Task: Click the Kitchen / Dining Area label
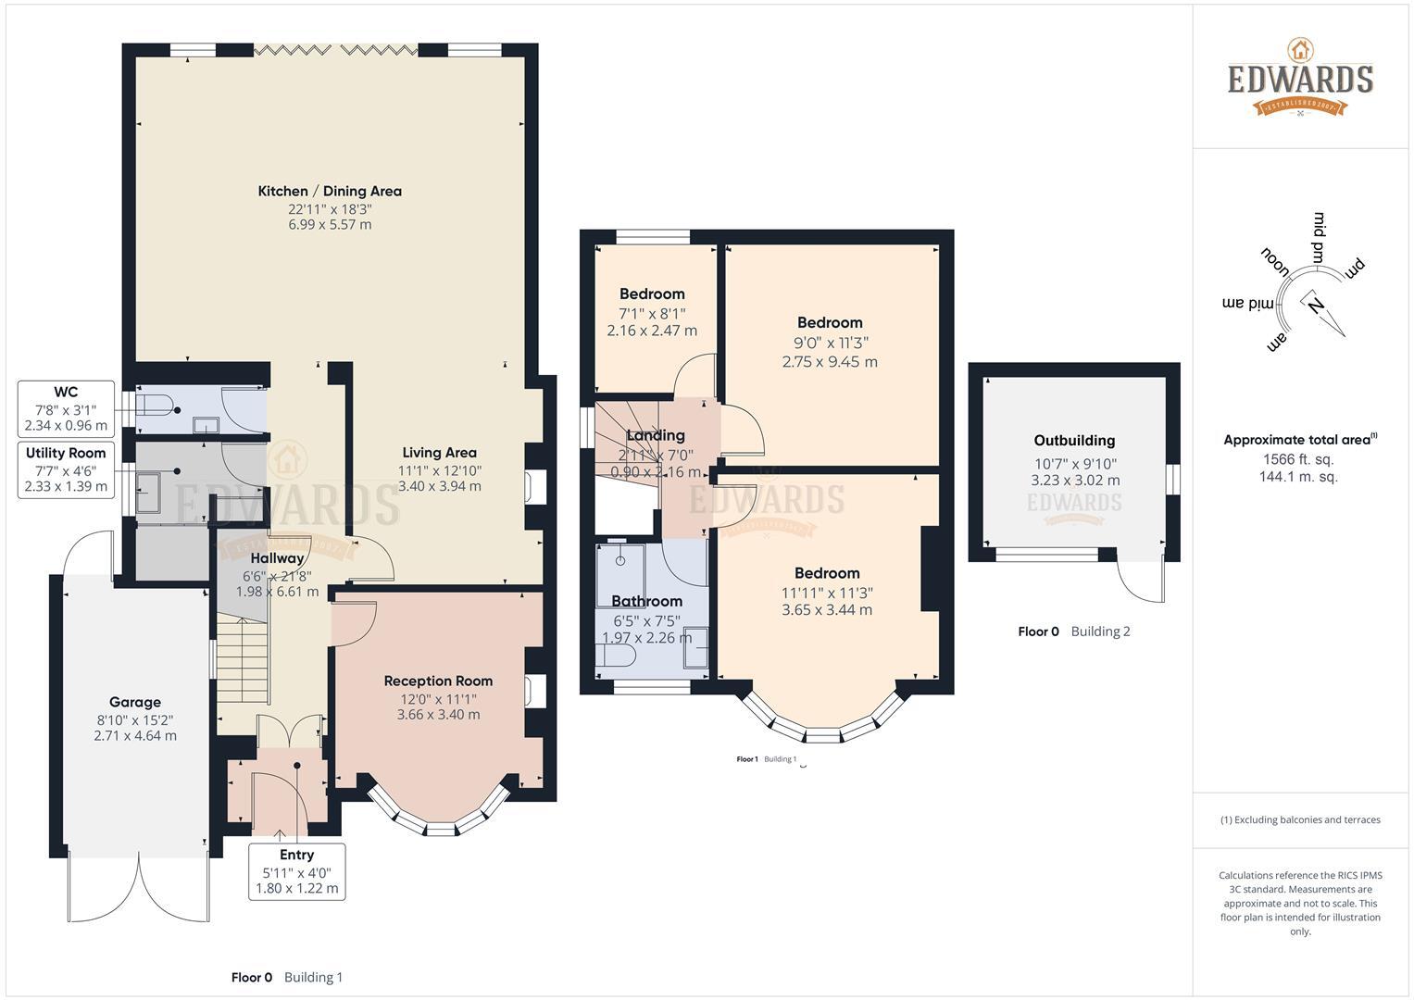[x=330, y=192]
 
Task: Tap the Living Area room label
[x=439, y=453]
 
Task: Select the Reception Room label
[x=438, y=681]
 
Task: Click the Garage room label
[x=135, y=702]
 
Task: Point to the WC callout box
[x=66, y=409]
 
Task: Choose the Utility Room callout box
[x=66, y=470]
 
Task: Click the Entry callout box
[x=296, y=872]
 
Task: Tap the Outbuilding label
[x=1074, y=441]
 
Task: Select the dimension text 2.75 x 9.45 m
[x=830, y=362]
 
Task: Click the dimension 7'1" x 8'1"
[x=652, y=314]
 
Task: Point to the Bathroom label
[x=647, y=601]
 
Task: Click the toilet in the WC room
[x=157, y=407]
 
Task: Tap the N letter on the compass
[x=1315, y=306]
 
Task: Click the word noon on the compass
[x=1275, y=261]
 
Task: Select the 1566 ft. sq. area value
[x=1298, y=459]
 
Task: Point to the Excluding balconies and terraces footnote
[x=1300, y=820]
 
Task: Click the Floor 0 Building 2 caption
[x=1074, y=631]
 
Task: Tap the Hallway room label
[x=277, y=558]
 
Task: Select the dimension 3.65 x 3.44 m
[x=827, y=610]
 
